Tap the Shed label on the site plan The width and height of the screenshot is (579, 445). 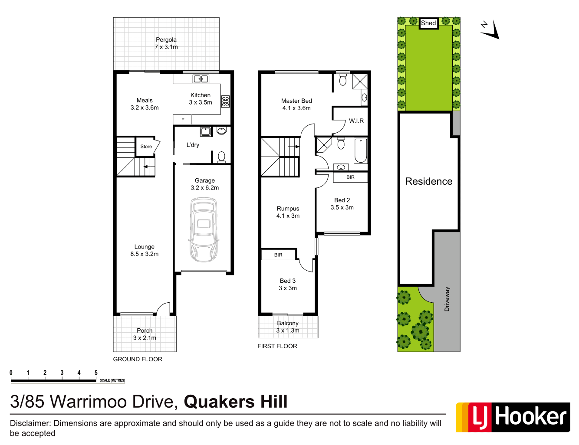[428, 23]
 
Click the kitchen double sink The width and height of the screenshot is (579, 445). [201, 79]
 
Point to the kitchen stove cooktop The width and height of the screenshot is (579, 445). [225, 101]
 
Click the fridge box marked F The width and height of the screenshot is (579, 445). [182, 120]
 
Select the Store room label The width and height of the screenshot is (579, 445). [146, 147]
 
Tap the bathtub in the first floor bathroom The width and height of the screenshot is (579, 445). [360, 150]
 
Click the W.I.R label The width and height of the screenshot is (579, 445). [356, 121]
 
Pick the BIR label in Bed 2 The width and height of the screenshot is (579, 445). [350, 177]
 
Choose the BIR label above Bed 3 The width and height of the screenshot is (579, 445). [278, 255]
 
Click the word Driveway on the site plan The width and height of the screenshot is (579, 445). [447, 299]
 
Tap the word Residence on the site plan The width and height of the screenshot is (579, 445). [428, 181]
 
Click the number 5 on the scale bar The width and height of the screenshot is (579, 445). [96, 373]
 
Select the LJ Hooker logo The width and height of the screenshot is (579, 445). [513, 417]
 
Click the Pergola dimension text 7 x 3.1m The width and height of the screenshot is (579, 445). [166, 47]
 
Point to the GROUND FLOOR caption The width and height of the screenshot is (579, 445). [138, 359]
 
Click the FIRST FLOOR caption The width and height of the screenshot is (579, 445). [277, 346]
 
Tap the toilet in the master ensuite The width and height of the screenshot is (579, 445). [342, 80]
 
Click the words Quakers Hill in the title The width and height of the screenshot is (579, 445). [236, 402]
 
